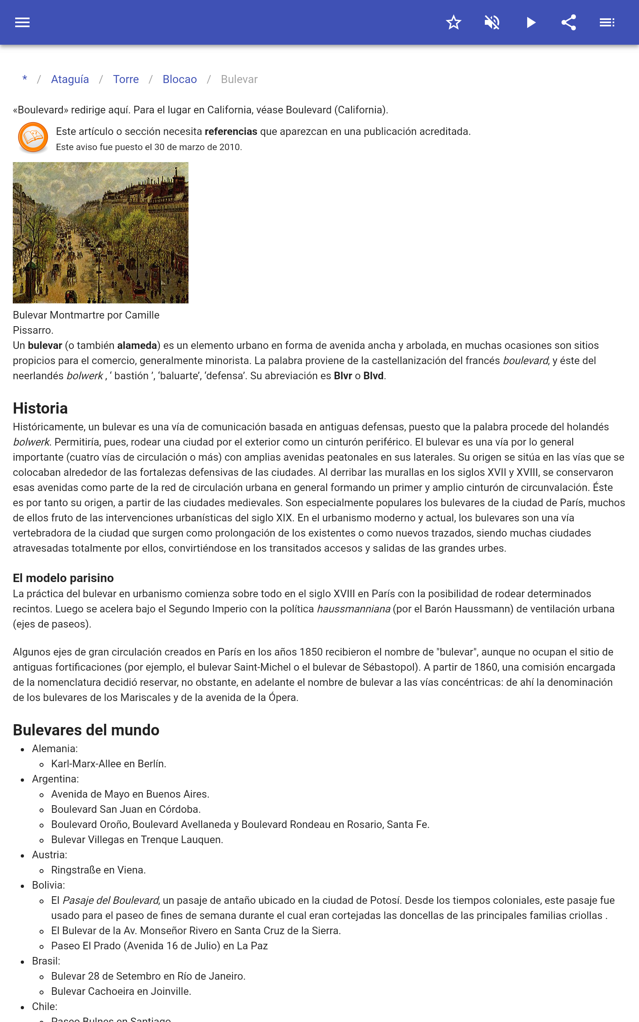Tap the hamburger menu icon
coord(22,22)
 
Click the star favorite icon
coord(453,22)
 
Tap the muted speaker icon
coord(492,22)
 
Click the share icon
coord(569,22)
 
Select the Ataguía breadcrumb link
coord(70,79)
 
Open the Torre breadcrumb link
coord(125,79)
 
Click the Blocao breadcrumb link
coord(180,79)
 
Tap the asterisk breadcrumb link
coord(25,79)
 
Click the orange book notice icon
coord(33,137)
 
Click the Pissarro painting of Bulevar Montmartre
coord(101,233)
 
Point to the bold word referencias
coord(231,132)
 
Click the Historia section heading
coord(40,408)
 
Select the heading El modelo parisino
coord(64,578)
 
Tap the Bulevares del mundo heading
coord(86,730)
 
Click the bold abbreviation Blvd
coord(373,376)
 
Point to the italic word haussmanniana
coord(353,609)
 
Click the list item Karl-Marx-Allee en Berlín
coord(109,764)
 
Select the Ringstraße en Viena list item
coord(99,870)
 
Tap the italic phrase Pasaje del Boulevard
coord(111,900)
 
